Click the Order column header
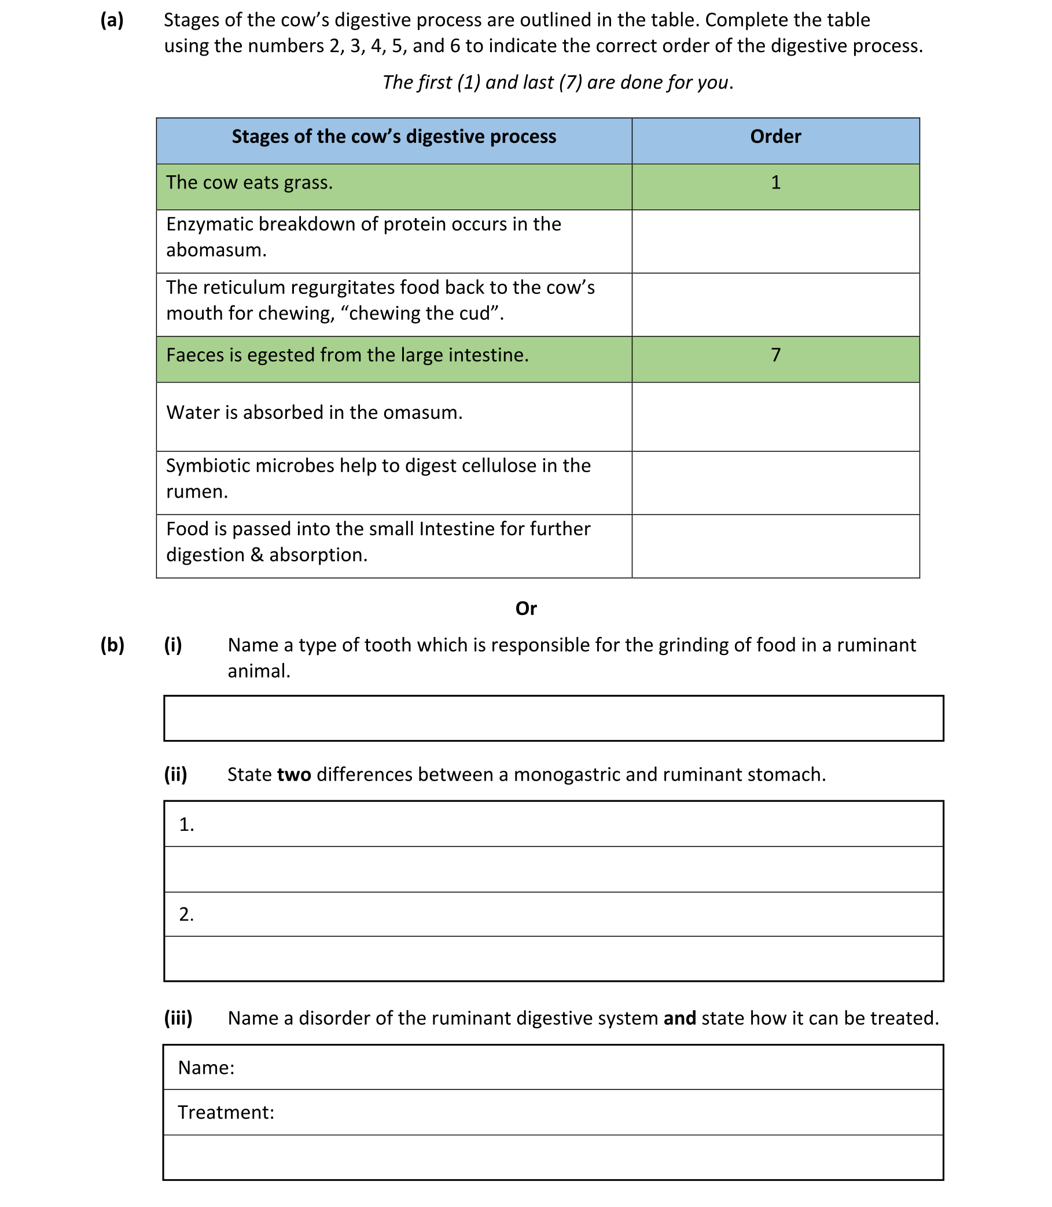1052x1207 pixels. pos(775,137)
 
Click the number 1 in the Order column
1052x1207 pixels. pos(775,183)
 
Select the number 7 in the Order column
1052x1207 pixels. pos(775,355)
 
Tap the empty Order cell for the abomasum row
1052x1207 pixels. pos(775,241)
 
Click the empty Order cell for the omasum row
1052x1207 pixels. pos(775,417)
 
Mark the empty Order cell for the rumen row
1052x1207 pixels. pos(775,483)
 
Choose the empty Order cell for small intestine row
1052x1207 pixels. pos(775,546)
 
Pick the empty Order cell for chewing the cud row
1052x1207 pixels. pos(775,305)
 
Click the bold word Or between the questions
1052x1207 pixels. pos(525,609)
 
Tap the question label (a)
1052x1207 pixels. pos(112,21)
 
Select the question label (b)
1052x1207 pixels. pos(112,645)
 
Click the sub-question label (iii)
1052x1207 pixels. pos(178,1018)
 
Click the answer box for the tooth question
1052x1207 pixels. pos(553,718)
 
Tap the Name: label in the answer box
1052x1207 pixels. pos(206,1068)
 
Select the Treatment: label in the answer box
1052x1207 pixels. pos(226,1113)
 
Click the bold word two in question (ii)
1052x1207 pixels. pos(293,775)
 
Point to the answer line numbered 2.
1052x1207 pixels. pos(553,914)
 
